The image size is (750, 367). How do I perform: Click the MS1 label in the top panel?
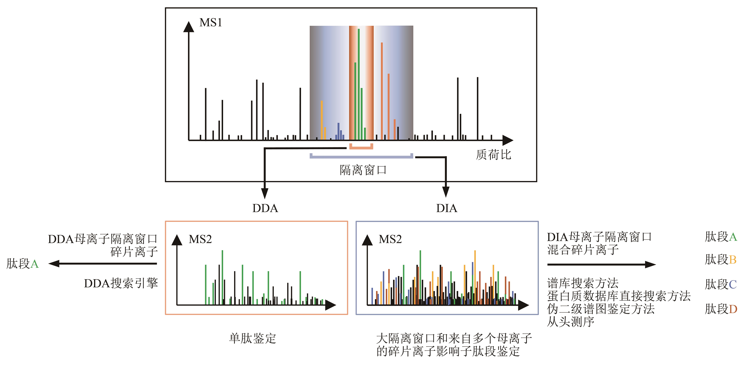[210, 22]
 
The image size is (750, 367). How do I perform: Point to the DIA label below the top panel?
[447, 208]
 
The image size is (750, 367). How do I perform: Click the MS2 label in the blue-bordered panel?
[390, 239]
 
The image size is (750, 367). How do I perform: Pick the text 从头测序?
[571, 322]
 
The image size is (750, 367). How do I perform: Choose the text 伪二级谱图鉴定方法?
[601, 309]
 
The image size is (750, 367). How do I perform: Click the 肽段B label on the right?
[721, 259]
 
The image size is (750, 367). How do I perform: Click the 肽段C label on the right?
[721, 284]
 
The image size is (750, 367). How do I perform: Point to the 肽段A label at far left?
[22, 264]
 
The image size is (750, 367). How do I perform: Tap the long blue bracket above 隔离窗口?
[361, 157]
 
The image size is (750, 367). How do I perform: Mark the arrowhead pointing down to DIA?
[445, 192]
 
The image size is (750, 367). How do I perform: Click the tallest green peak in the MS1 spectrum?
[359, 84]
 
